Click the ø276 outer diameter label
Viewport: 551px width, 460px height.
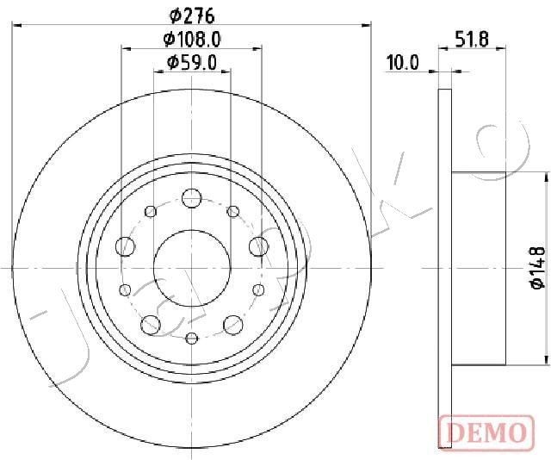coord(192,15)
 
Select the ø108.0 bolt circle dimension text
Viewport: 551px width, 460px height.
coord(192,39)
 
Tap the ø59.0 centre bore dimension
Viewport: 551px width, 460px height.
coord(192,62)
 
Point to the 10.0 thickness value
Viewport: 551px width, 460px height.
coord(402,62)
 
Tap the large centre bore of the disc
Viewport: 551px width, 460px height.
coord(191,267)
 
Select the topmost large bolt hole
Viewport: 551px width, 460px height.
coord(191,197)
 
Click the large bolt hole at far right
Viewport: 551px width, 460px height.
coord(257,246)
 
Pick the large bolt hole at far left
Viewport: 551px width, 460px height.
coord(126,246)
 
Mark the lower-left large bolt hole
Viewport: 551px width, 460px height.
coord(151,325)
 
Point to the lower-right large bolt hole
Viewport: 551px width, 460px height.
coord(232,325)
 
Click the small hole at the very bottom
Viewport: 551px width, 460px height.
coord(191,337)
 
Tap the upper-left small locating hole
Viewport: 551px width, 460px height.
coord(151,211)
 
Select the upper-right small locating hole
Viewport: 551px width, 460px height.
coord(232,211)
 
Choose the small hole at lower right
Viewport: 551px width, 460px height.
coord(257,289)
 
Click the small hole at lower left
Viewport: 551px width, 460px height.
coord(126,289)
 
